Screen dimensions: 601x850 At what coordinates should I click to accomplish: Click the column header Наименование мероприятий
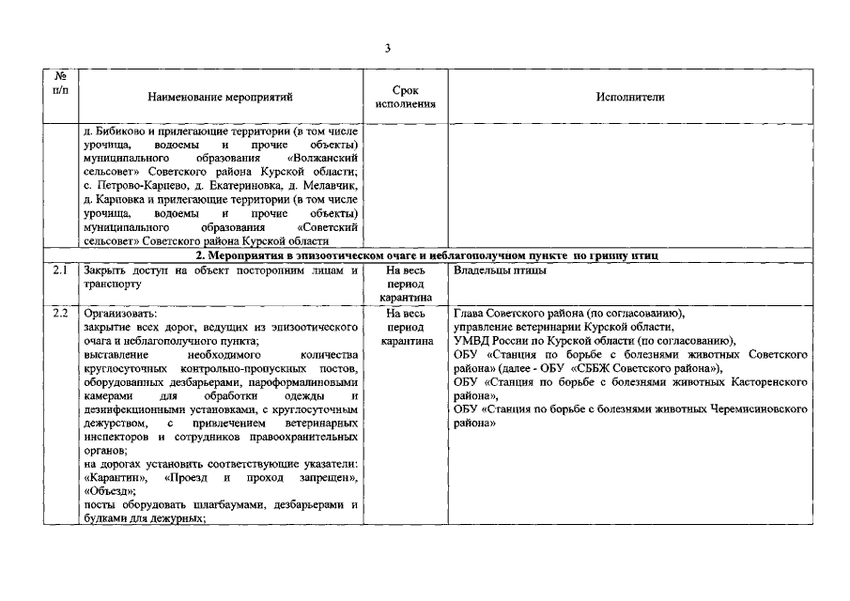pyautogui.click(x=221, y=97)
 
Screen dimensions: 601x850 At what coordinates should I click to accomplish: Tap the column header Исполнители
pyautogui.click(x=629, y=97)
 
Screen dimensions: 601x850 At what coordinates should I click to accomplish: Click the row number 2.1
pyautogui.click(x=61, y=270)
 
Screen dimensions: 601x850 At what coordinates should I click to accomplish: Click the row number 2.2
pyautogui.click(x=61, y=313)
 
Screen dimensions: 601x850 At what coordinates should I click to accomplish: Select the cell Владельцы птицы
pyautogui.click(x=500, y=270)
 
